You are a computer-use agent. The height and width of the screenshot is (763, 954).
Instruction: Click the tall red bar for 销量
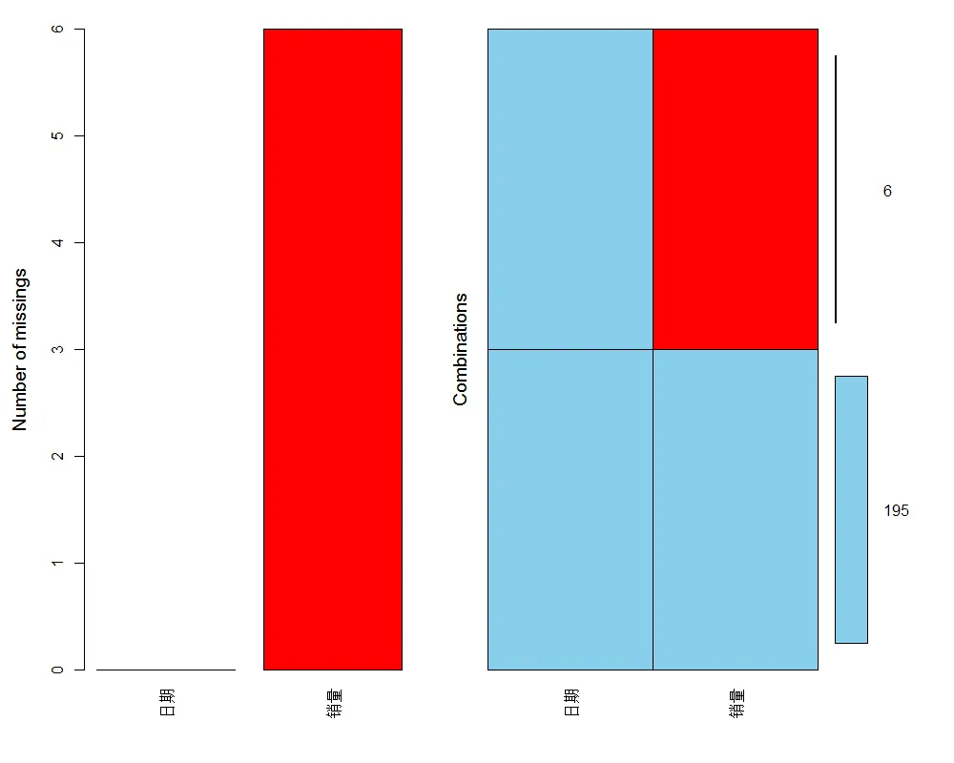tap(332, 349)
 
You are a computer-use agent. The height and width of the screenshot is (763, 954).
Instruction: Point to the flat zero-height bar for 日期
tap(166, 670)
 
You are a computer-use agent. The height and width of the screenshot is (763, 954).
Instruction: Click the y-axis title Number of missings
tap(20, 349)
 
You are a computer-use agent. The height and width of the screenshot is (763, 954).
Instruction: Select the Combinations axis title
tap(461, 349)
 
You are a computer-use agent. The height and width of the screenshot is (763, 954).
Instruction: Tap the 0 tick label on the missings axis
tap(57, 670)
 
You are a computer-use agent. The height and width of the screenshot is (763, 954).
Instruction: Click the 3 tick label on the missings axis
tap(57, 349)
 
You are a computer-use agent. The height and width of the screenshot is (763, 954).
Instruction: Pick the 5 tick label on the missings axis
tap(57, 136)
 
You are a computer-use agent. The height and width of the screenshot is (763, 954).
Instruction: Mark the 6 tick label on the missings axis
tap(57, 30)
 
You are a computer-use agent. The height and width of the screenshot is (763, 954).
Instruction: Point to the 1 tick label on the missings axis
tap(57, 563)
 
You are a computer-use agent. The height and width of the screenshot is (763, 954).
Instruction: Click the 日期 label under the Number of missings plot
tap(167, 703)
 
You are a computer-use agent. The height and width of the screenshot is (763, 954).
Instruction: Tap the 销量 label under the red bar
tap(333, 703)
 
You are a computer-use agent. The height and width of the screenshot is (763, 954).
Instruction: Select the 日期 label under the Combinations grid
tap(570, 703)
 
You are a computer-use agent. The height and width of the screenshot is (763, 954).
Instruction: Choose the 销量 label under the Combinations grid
tap(736, 703)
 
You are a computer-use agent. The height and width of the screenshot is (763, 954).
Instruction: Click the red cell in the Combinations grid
tap(736, 189)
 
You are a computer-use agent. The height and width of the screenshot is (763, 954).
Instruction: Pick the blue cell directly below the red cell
tap(736, 509)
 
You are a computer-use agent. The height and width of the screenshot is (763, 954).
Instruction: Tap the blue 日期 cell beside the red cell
tap(570, 189)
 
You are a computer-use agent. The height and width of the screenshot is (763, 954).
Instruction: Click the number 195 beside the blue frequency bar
tap(896, 511)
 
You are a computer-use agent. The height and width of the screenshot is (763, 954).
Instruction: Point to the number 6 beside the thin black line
tap(887, 191)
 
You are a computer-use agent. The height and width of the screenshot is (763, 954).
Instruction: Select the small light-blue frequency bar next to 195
tap(851, 509)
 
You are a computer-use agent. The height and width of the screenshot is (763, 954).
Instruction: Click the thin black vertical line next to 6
tap(836, 189)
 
